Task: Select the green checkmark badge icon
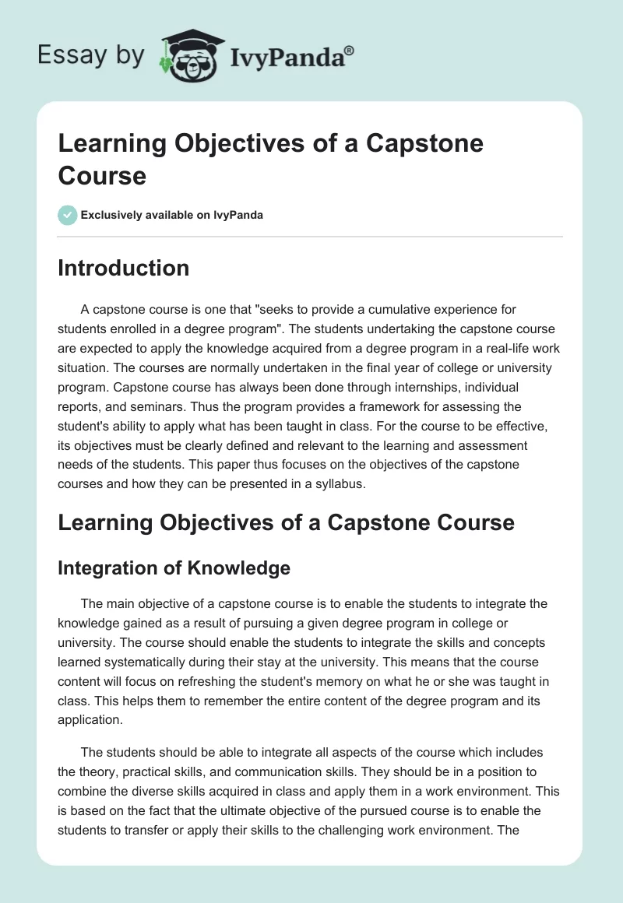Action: point(68,215)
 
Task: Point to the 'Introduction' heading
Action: point(123,269)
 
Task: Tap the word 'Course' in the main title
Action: point(102,175)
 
